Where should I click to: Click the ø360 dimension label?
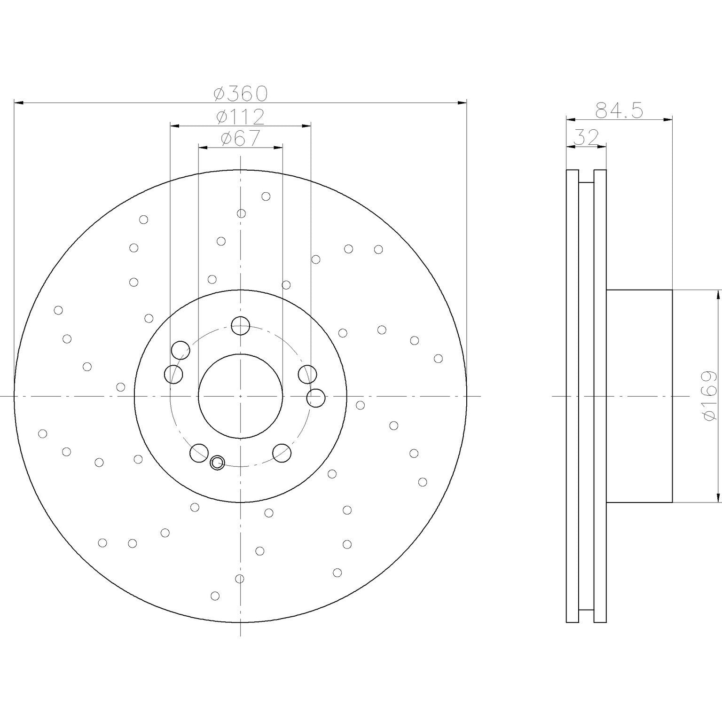tap(240, 94)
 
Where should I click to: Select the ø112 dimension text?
tap(240, 117)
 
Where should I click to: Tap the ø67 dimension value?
tap(240, 139)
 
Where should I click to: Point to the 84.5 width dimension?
tap(619, 111)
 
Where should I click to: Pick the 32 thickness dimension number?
tap(586, 138)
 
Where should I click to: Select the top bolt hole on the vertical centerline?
tap(240, 325)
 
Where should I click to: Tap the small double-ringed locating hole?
tap(217, 463)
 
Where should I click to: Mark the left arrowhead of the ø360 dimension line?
tap(19, 102)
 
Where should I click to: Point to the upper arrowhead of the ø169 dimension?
tap(718, 295)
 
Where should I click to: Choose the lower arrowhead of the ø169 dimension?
tap(718, 498)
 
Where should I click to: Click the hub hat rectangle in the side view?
tap(639, 396)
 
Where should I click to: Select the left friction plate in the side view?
tap(572, 396)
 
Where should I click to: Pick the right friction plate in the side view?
tap(600, 396)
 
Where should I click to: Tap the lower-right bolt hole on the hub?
tap(282, 453)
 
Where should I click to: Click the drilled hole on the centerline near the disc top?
tap(241, 214)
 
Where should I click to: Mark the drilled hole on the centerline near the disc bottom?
tap(239, 578)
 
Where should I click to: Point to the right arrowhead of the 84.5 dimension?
tap(668, 120)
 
